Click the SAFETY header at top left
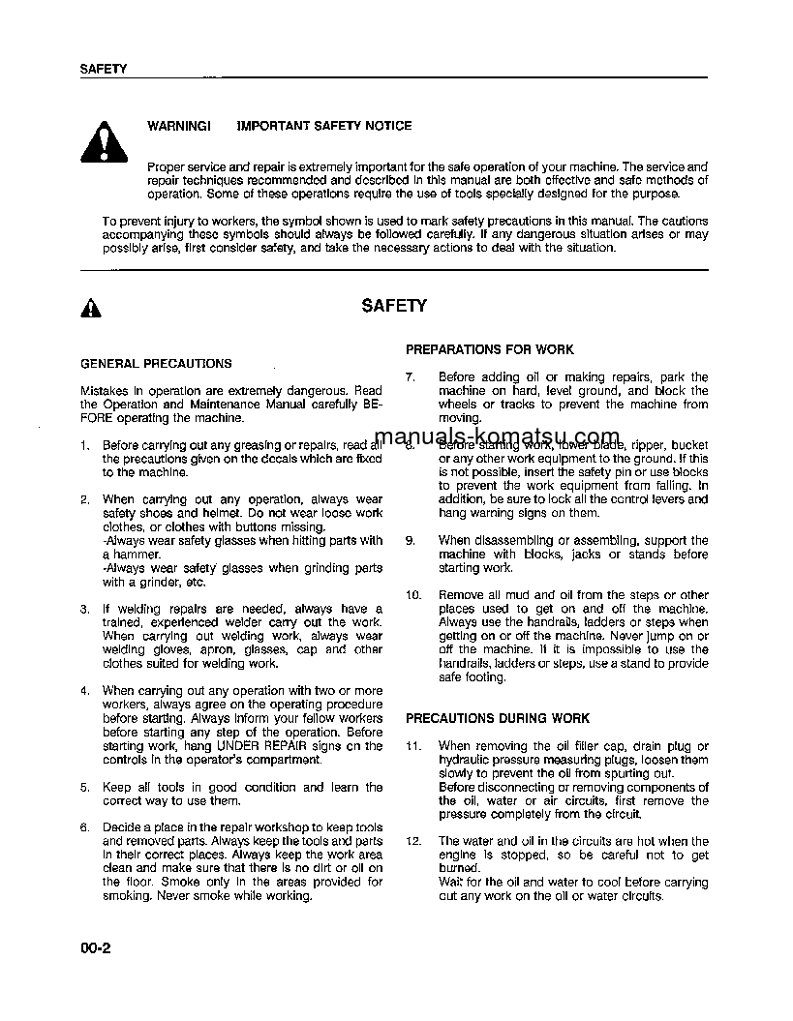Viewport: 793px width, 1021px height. (103, 69)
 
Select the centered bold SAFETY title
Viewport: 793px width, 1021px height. (394, 306)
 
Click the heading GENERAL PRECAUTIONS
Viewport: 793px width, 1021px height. (155, 364)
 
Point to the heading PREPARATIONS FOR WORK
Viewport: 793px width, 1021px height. (489, 349)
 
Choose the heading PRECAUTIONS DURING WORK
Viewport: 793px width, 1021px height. (497, 719)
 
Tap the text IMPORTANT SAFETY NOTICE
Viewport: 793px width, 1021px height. (324, 126)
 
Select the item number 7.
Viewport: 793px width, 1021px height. (410, 377)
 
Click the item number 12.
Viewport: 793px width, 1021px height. (413, 842)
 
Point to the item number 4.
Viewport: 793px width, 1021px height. (85, 691)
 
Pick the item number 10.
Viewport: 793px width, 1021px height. (413, 596)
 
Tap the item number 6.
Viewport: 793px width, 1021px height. (85, 828)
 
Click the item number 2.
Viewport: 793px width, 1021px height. (85, 500)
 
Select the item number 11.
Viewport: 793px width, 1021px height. (413, 747)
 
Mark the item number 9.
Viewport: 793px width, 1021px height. (410, 541)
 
